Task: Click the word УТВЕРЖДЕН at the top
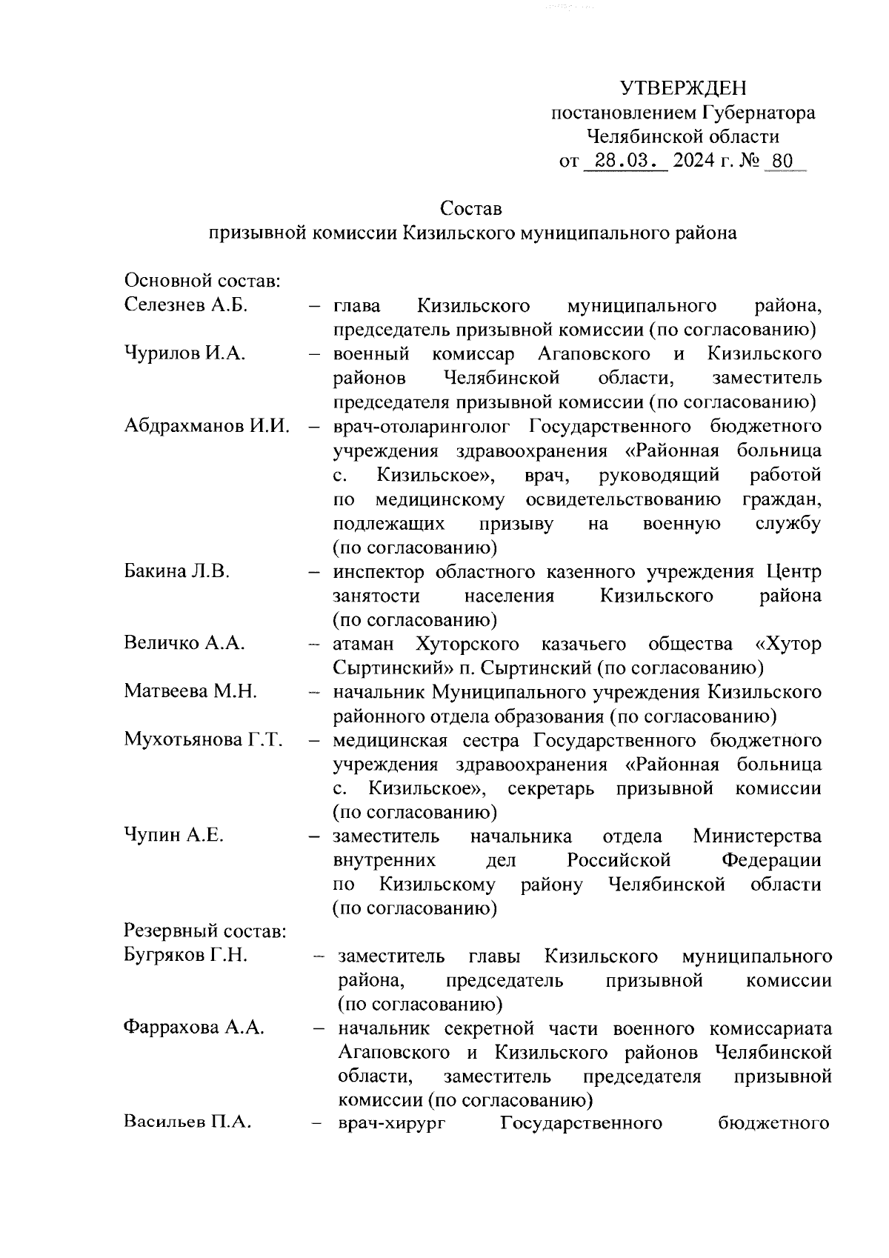coord(683,89)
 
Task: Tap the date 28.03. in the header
coord(625,161)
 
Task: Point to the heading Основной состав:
coord(202,282)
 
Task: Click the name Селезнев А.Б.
coord(186,305)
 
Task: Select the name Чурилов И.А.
coord(184,353)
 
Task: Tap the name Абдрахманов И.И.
coord(207,426)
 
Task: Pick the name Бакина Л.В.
coord(177,571)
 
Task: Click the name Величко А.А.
coord(184,643)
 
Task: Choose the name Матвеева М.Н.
coord(190,692)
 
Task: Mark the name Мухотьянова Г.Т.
coord(204,740)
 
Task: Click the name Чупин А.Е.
coord(173,836)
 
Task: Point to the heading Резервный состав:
coord(205,931)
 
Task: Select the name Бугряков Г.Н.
coord(186,956)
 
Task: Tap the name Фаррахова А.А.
coord(194,1028)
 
